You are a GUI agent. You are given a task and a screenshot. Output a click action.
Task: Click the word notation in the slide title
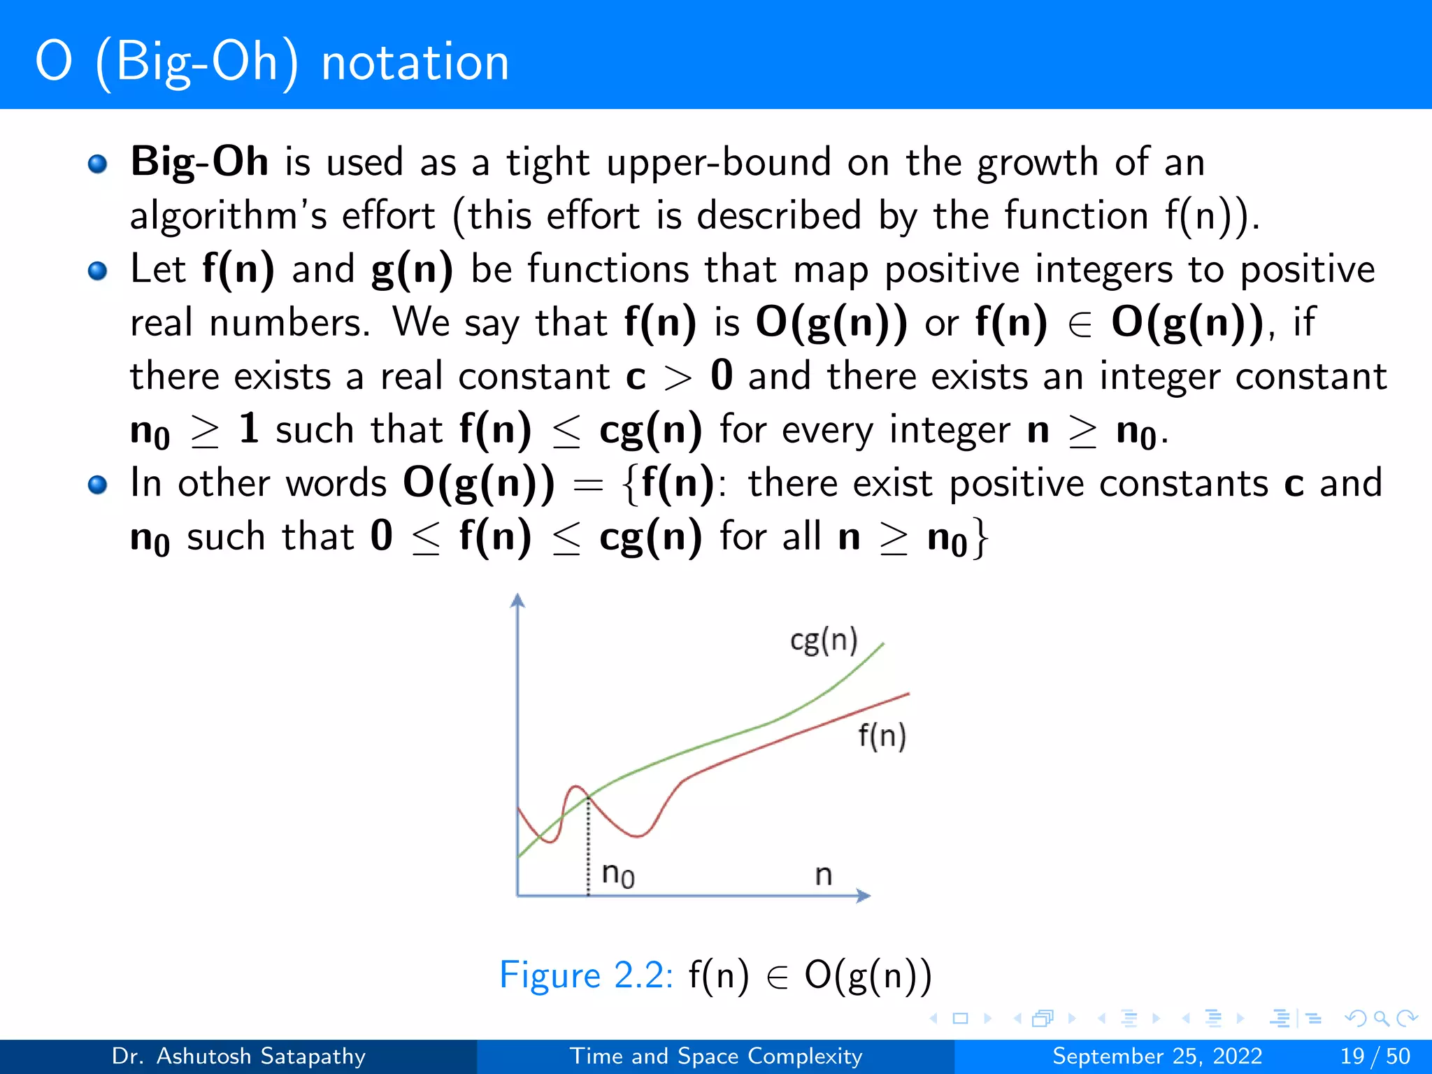click(x=415, y=63)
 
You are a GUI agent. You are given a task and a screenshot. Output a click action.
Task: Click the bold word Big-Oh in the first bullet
click(x=199, y=162)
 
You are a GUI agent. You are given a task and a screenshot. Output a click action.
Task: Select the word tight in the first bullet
click(x=547, y=163)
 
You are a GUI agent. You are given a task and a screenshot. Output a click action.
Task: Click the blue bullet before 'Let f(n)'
click(x=98, y=271)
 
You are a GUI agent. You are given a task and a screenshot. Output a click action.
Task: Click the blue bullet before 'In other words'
click(x=98, y=485)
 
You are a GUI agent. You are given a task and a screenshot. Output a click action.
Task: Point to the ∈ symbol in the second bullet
click(x=1080, y=324)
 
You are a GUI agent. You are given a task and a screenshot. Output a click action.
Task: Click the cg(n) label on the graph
click(x=823, y=640)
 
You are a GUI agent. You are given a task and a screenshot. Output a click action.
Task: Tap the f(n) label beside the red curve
click(x=882, y=736)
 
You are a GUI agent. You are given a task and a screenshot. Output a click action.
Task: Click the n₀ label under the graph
click(x=618, y=874)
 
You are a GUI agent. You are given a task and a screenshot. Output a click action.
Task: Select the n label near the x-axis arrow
click(x=824, y=875)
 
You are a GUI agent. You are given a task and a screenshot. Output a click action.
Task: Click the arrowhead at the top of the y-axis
click(x=517, y=600)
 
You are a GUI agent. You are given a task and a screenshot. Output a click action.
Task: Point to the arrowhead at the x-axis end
click(x=864, y=896)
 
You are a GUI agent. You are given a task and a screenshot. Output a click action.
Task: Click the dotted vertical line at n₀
click(x=588, y=846)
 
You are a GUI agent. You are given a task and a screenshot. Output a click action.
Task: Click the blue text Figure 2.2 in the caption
click(x=585, y=975)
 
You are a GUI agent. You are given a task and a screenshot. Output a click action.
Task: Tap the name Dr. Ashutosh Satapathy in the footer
click(x=238, y=1056)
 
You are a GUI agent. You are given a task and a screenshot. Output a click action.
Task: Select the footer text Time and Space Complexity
click(x=716, y=1056)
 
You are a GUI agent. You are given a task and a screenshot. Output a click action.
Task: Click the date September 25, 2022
click(x=1157, y=1056)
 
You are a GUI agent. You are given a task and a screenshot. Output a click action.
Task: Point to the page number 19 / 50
click(x=1375, y=1056)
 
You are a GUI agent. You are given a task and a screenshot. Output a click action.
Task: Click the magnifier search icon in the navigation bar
click(x=1381, y=1018)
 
